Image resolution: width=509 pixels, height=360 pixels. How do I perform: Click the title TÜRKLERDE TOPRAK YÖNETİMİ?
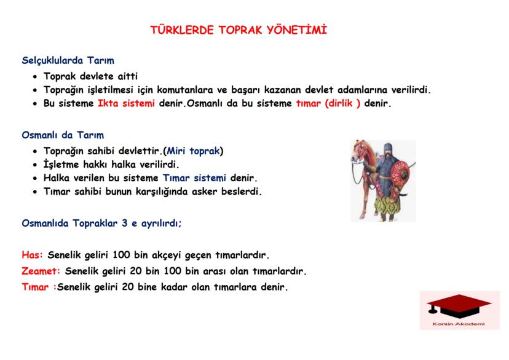tap(239, 30)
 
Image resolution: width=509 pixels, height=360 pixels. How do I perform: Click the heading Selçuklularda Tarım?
tap(68, 61)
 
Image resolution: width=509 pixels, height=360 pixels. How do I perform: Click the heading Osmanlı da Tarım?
tap(63, 135)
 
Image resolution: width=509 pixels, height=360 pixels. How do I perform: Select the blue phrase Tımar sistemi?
tap(195, 178)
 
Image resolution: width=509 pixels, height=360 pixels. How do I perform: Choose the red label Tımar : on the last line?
tap(38, 286)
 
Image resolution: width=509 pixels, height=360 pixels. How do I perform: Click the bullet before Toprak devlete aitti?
tap(36, 77)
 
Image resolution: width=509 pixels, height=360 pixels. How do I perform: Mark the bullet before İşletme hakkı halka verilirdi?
tap(36, 165)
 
